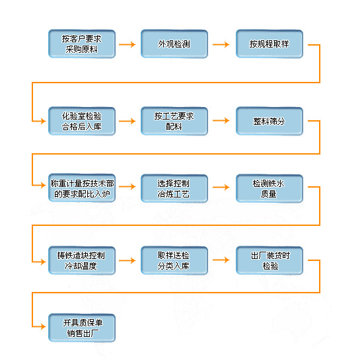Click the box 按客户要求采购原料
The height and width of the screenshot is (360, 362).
[82, 44]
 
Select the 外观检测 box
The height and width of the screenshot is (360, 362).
[174, 44]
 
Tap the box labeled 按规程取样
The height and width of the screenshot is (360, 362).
[270, 44]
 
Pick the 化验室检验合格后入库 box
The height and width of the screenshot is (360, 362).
[82, 121]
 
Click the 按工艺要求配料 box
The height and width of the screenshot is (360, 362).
[174, 121]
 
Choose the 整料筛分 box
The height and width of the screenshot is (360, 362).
[270, 121]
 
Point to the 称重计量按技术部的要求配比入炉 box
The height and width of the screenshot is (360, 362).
[82, 188]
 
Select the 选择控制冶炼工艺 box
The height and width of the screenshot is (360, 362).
[174, 188]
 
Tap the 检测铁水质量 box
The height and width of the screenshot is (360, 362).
[270, 188]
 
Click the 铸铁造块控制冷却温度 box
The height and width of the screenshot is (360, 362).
[82, 260]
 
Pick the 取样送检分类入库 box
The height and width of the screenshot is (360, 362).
[174, 260]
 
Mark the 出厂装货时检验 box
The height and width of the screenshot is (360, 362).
[270, 260]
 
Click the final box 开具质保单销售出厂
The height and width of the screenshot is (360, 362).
[82, 328]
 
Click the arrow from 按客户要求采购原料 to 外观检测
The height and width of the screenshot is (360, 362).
[127, 44]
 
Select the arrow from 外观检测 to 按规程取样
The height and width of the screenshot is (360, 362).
[221, 44]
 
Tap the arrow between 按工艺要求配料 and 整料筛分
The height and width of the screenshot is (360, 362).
[221, 120]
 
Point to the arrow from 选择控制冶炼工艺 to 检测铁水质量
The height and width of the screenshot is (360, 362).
[221, 187]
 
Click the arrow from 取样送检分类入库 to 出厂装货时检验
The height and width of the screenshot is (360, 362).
[221, 260]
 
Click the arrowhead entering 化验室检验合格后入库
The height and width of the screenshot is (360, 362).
[43, 121]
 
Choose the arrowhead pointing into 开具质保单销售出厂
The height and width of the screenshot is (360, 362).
[43, 326]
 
